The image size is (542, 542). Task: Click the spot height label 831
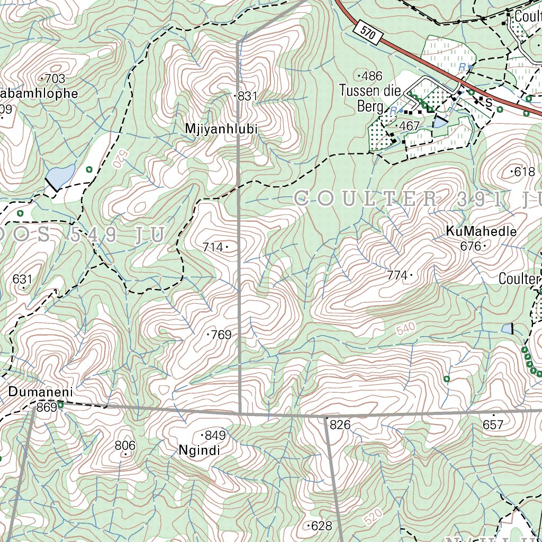247,96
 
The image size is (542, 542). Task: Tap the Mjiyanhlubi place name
221,129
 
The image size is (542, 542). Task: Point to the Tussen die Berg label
370,98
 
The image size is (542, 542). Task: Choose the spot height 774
398,275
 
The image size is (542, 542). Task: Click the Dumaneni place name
40,393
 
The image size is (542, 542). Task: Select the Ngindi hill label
199,451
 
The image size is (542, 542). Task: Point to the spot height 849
215,436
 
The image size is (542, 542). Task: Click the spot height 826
340,424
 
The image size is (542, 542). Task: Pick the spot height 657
493,424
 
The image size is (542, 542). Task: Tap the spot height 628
321,526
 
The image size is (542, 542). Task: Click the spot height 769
221,335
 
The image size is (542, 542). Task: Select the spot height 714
213,247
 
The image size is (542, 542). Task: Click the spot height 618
524,171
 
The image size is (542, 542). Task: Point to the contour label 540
406,330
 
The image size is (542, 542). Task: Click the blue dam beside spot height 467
439,123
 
